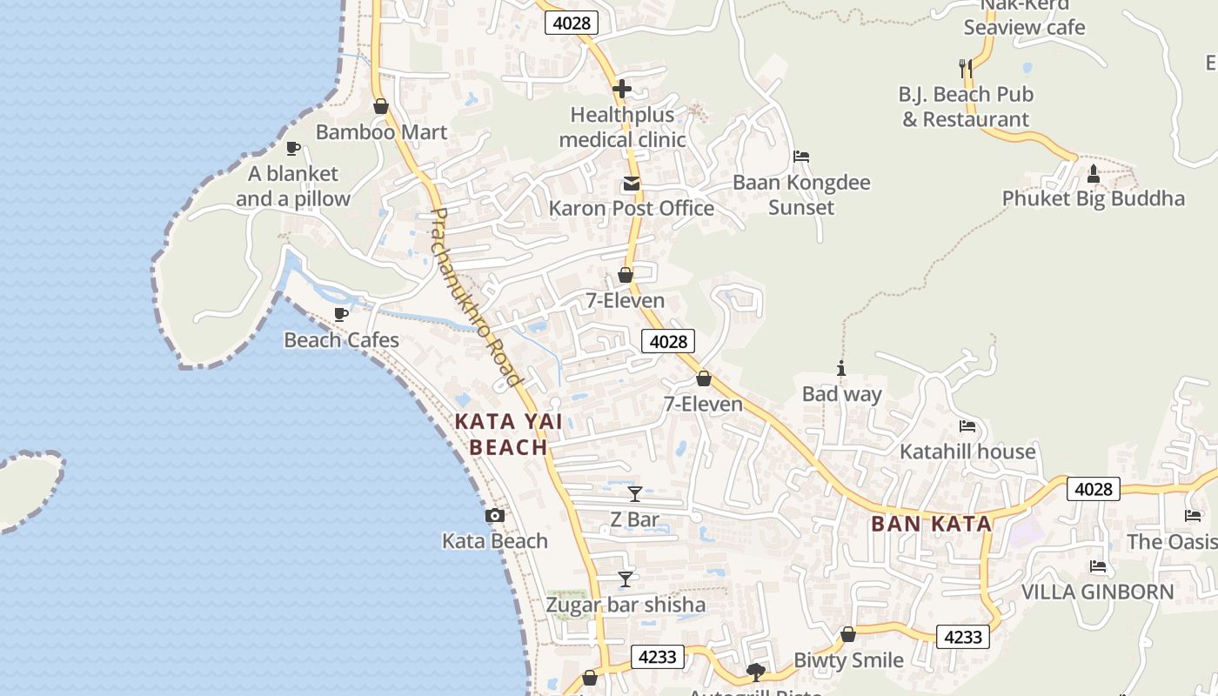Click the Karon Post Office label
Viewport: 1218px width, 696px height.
[631, 208]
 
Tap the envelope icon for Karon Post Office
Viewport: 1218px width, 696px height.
[631, 184]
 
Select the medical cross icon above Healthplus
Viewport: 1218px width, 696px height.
[621, 89]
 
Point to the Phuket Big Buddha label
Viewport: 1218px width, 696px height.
[1093, 198]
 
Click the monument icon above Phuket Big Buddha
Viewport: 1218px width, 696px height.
[1094, 175]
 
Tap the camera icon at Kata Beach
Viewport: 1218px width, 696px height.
[495, 516]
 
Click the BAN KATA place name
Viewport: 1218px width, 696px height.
[931, 524]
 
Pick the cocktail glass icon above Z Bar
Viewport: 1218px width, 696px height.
[635, 494]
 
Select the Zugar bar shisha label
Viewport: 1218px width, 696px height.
[626, 605]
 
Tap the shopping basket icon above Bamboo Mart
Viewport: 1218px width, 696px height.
[380, 107]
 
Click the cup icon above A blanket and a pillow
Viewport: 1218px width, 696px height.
[293, 149]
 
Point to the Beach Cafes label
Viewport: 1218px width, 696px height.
[341, 340]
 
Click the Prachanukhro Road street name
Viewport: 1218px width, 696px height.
[477, 297]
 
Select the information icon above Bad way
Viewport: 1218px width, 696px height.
[841, 368]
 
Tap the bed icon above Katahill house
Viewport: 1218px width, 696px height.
[967, 426]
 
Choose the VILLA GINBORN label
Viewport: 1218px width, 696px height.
[1097, 592]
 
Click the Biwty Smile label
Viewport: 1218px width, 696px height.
[848, 660]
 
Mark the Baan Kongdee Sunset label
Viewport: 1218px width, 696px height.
[801, 195]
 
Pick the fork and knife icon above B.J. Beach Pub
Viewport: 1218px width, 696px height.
[965, 68]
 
